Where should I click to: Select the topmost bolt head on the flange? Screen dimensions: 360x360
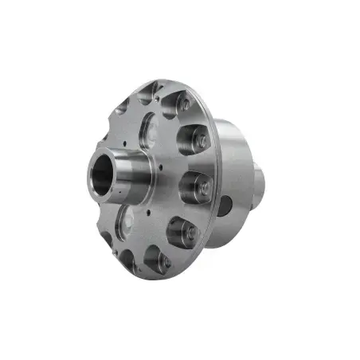point(182,103)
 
